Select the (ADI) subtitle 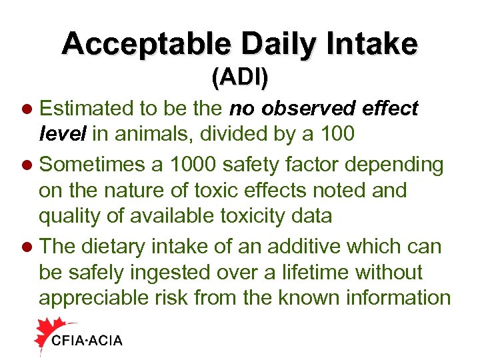[240, 77]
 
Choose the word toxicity [289, 217]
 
